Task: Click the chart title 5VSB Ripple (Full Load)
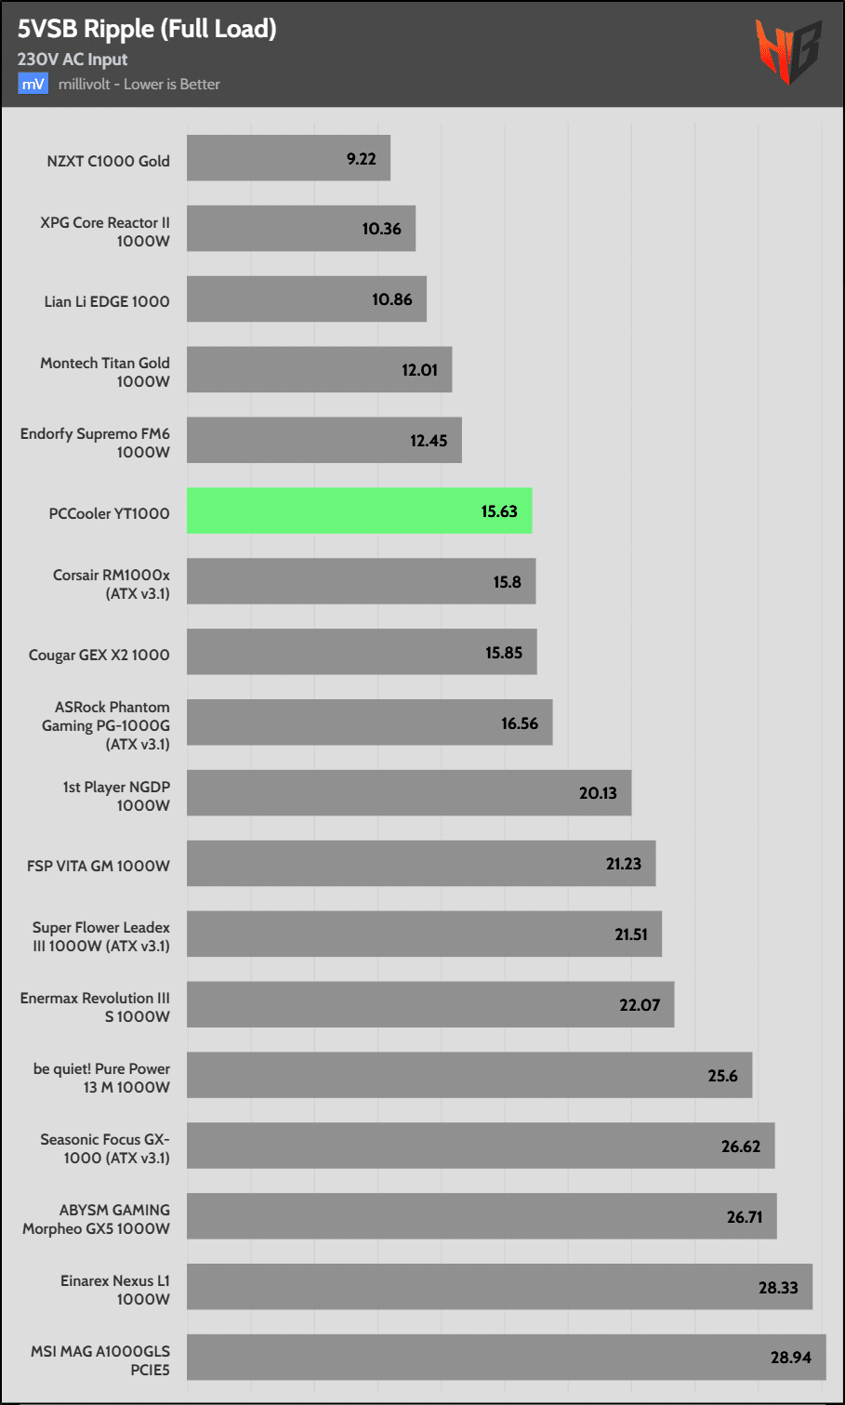147,29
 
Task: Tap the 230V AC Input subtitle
73,60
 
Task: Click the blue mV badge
33,84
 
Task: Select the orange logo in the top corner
787,52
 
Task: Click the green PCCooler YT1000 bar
359,510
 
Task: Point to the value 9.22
362,159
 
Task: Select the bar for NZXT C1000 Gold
288,158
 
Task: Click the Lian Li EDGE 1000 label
107,301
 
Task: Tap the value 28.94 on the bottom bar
790,1358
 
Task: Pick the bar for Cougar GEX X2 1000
362,652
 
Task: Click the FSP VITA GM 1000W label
99,866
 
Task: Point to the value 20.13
598,793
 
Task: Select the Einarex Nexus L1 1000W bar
499,1286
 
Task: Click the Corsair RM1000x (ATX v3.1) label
112,584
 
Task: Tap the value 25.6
722,1076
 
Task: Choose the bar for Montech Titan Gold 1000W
319,369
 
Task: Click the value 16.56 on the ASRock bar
520,723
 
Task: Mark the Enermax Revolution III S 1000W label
95,1007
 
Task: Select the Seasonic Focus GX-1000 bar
481,1146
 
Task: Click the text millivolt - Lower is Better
139,84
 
